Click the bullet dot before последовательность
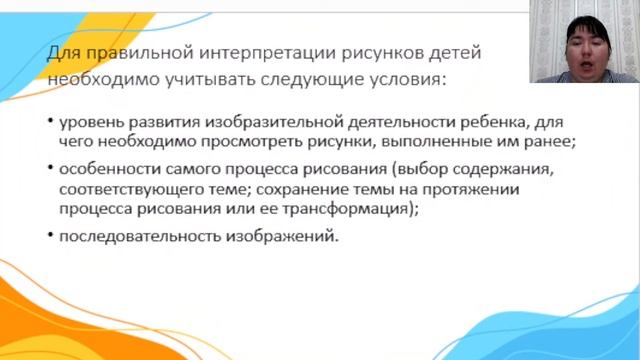pos(50,236)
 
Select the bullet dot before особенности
pos(50,167)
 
